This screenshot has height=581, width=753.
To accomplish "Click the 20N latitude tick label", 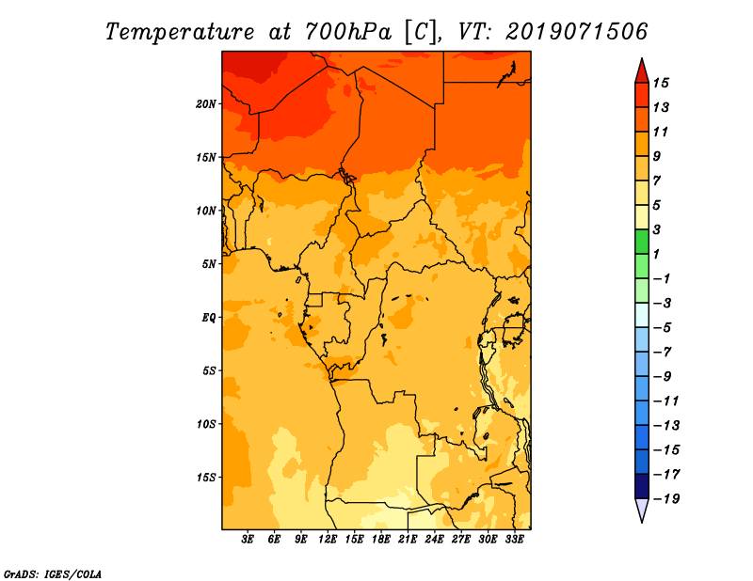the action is (x=206, y=104).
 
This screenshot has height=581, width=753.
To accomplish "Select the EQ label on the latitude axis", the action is (x=209, y=318).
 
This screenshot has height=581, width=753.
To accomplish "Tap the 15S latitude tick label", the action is (x=206, y=478).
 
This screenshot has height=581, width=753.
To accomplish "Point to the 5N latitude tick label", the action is (x=209, y=264).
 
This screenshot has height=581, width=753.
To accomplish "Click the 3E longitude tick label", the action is (x=248, y=540).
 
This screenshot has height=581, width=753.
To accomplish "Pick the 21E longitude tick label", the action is (x=408, y=540).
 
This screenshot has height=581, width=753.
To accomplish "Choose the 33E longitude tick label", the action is (x=514, y=540).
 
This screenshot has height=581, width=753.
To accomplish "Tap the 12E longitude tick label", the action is (x=328, y=540).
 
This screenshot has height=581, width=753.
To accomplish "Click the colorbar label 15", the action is (x=661, y=83).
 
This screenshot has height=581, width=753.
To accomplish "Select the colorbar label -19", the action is (x=666, y=499).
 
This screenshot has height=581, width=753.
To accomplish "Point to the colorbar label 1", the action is (x=656, y=254).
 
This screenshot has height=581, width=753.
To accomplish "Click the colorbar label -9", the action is (x=663, y=377).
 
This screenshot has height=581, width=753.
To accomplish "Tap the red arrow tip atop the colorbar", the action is (x=642, y=58).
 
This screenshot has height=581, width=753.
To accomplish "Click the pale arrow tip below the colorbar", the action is (x=642, y=522).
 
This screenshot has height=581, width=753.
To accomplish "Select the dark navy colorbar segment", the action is (x=642, y=486).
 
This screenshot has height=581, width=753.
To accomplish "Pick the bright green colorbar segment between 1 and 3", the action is (x=642, y=242).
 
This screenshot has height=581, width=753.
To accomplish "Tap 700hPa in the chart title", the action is (x=348, y=32).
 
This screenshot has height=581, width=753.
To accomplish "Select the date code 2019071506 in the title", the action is (x=577, y=32).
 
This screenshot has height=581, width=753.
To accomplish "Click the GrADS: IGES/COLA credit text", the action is (x=53, y=574).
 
